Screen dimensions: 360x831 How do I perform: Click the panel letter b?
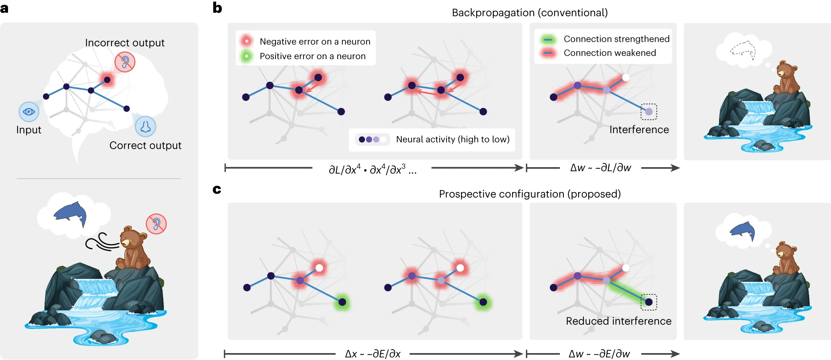click(x=217, y=8)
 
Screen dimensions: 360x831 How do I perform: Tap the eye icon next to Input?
click(x=29, y=112)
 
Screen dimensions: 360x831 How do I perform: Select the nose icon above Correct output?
click(x=145, y=127)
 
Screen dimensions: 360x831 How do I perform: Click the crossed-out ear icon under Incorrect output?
click(x=125, y=62)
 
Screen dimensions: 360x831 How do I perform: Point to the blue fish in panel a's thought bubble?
click(x=71, y=214)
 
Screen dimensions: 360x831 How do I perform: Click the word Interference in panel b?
click(x=639, y=130)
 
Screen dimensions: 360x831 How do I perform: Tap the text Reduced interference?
click(x=618, y=321)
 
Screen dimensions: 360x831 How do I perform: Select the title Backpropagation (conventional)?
click(x=529, y=13)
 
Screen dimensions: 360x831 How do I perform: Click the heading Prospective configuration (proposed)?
click(x=529, y=194)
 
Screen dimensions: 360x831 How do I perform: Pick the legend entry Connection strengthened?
click(x=616, y=39)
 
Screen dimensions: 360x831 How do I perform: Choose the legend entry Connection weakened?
click(x=609, y=53)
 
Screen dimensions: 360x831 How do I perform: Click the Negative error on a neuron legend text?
click(x=315, y=41)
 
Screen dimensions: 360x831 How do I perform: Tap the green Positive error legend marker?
click(x=246, y=56)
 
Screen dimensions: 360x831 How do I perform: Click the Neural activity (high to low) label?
click(x=452, y=139)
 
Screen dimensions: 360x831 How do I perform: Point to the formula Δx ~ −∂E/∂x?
click(x=373, y=354)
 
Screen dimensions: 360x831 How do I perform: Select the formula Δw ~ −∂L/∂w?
click(x=600, y=168)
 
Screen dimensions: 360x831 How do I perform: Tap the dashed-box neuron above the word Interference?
click(x=649, y=112)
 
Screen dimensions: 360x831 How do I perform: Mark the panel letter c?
click(x=217, y=189)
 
